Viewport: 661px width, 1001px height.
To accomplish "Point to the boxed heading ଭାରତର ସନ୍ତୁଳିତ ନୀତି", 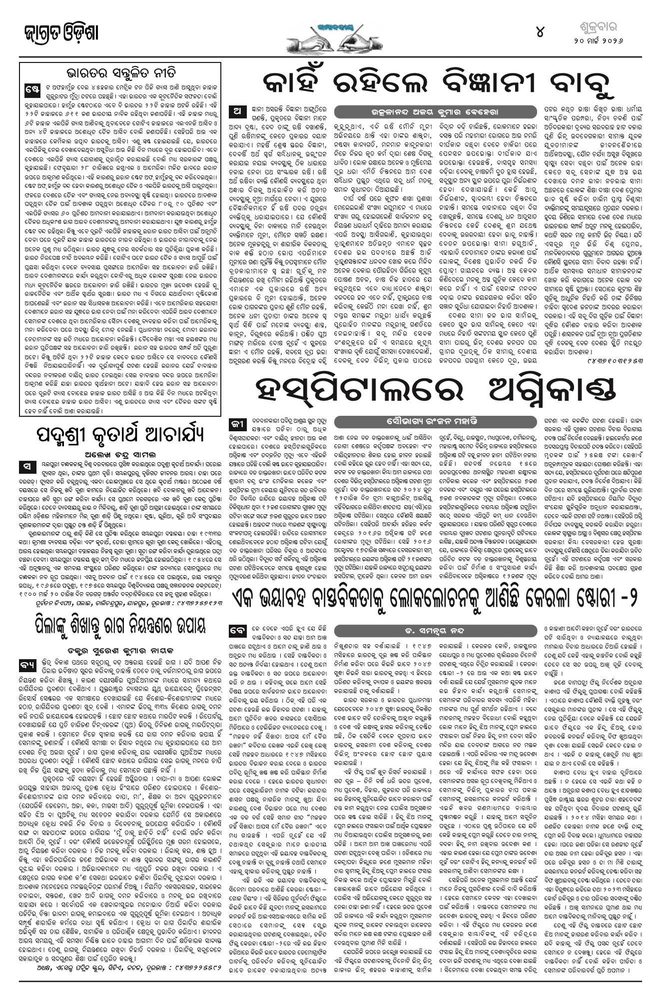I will pos(120,70).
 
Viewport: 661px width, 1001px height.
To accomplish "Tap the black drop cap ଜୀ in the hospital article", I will pos(235,424).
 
